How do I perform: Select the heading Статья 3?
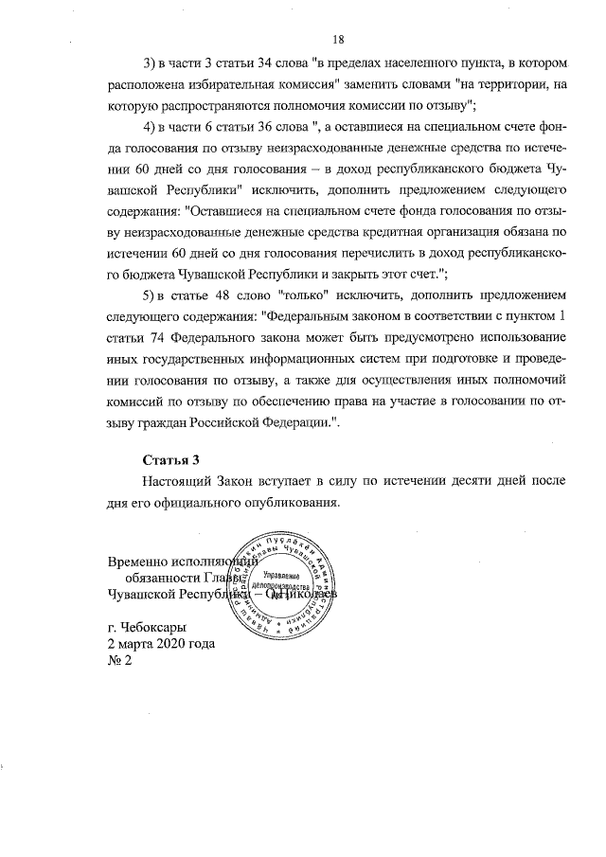(x=170, y=461)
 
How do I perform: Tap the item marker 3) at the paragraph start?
(x=151, y=64)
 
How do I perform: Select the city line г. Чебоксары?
(x=149, y=627)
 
